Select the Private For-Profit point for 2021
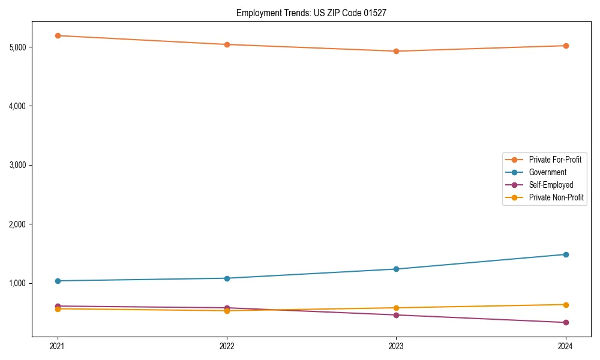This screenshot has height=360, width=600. tap(58, 35)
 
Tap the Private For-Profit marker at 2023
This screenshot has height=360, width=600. tap(396, 51)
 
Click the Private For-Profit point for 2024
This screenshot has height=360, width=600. tap(565, 46)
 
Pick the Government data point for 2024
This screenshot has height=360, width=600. tap(565, 254)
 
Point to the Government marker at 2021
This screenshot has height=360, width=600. tap(58, 281)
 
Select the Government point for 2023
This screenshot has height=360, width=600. tap(396, 269)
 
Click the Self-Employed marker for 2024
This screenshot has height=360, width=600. tap(565, 322)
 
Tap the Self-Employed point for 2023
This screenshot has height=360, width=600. tap(396, 315)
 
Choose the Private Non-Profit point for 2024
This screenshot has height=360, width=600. tap(565, 305)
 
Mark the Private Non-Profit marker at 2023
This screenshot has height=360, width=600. tap(396, 308)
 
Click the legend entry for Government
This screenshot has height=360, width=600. tap(547, 172)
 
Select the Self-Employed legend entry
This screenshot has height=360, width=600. tap(551, 185)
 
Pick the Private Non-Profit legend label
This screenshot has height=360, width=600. tap(556, 197)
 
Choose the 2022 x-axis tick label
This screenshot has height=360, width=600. tap(227, 346)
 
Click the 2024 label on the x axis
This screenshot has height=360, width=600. tap(565, 346)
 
